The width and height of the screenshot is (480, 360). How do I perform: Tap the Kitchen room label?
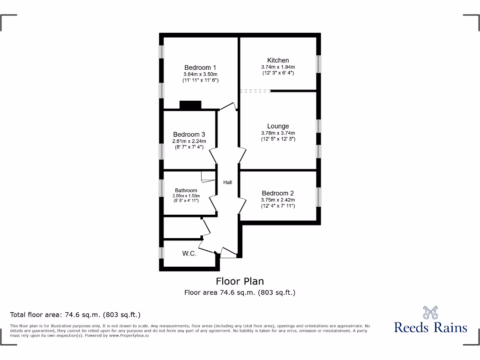point(278,60)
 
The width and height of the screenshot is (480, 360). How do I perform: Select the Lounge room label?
point(278,126)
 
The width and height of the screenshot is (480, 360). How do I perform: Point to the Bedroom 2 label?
point(278,193)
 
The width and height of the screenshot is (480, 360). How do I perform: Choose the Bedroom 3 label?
point(189,134)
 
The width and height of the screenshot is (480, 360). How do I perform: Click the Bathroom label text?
point(186,190)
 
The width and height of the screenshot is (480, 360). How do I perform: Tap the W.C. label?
point(189,254)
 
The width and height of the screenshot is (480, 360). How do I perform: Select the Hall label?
point(227,182)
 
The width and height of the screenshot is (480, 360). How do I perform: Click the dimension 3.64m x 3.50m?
point(200,75)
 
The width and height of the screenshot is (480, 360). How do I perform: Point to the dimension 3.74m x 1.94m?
point(278,67)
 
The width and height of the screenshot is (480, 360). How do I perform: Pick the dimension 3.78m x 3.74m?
point(278,133)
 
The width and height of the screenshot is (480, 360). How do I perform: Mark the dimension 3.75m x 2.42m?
point(278,200)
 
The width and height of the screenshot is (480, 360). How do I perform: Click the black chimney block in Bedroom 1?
point(190,105)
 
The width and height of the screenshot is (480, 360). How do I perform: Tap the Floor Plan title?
point(240,281)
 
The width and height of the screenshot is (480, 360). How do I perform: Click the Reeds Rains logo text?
point(430,327)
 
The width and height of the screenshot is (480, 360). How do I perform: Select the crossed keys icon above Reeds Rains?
point(430,312)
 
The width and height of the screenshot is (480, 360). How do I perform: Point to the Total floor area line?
point(75,315)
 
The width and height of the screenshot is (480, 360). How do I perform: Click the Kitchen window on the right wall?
point(318,64)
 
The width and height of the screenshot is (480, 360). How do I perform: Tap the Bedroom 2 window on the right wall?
point(318,197)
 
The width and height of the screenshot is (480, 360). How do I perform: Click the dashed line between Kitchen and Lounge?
point(255,91)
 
